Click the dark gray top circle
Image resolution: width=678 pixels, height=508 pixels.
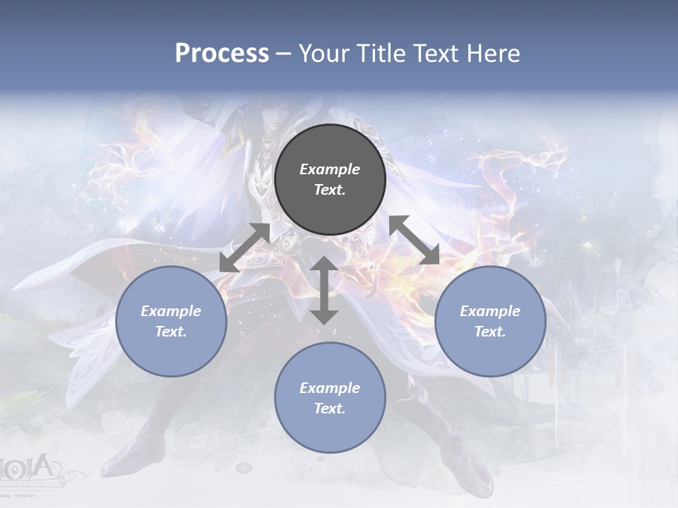[x=330, y=180]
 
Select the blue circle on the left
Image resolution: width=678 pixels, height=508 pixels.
[x=171, y=322]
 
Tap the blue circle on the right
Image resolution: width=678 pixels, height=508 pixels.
[x=490, y=322]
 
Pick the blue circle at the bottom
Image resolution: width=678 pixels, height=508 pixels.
[x=330, y=398]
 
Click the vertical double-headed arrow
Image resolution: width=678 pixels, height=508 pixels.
[x=324, y=290]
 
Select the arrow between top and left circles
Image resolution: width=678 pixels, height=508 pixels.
[x=244, y=248]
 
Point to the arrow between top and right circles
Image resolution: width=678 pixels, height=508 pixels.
[x=414, y=240]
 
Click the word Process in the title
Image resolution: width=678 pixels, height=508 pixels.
[x=222, y=54]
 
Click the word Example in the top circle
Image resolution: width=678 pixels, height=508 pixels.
[x=330, y=169]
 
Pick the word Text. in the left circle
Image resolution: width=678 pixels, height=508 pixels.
[x=171, y=332]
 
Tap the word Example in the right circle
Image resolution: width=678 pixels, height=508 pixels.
[x=490, y=311]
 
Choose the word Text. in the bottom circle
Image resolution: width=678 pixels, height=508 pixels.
[x=330, y=409]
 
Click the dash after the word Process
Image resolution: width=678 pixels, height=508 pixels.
[x=283, y=54]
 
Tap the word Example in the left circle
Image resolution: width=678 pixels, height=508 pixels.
[x=171, y=311]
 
